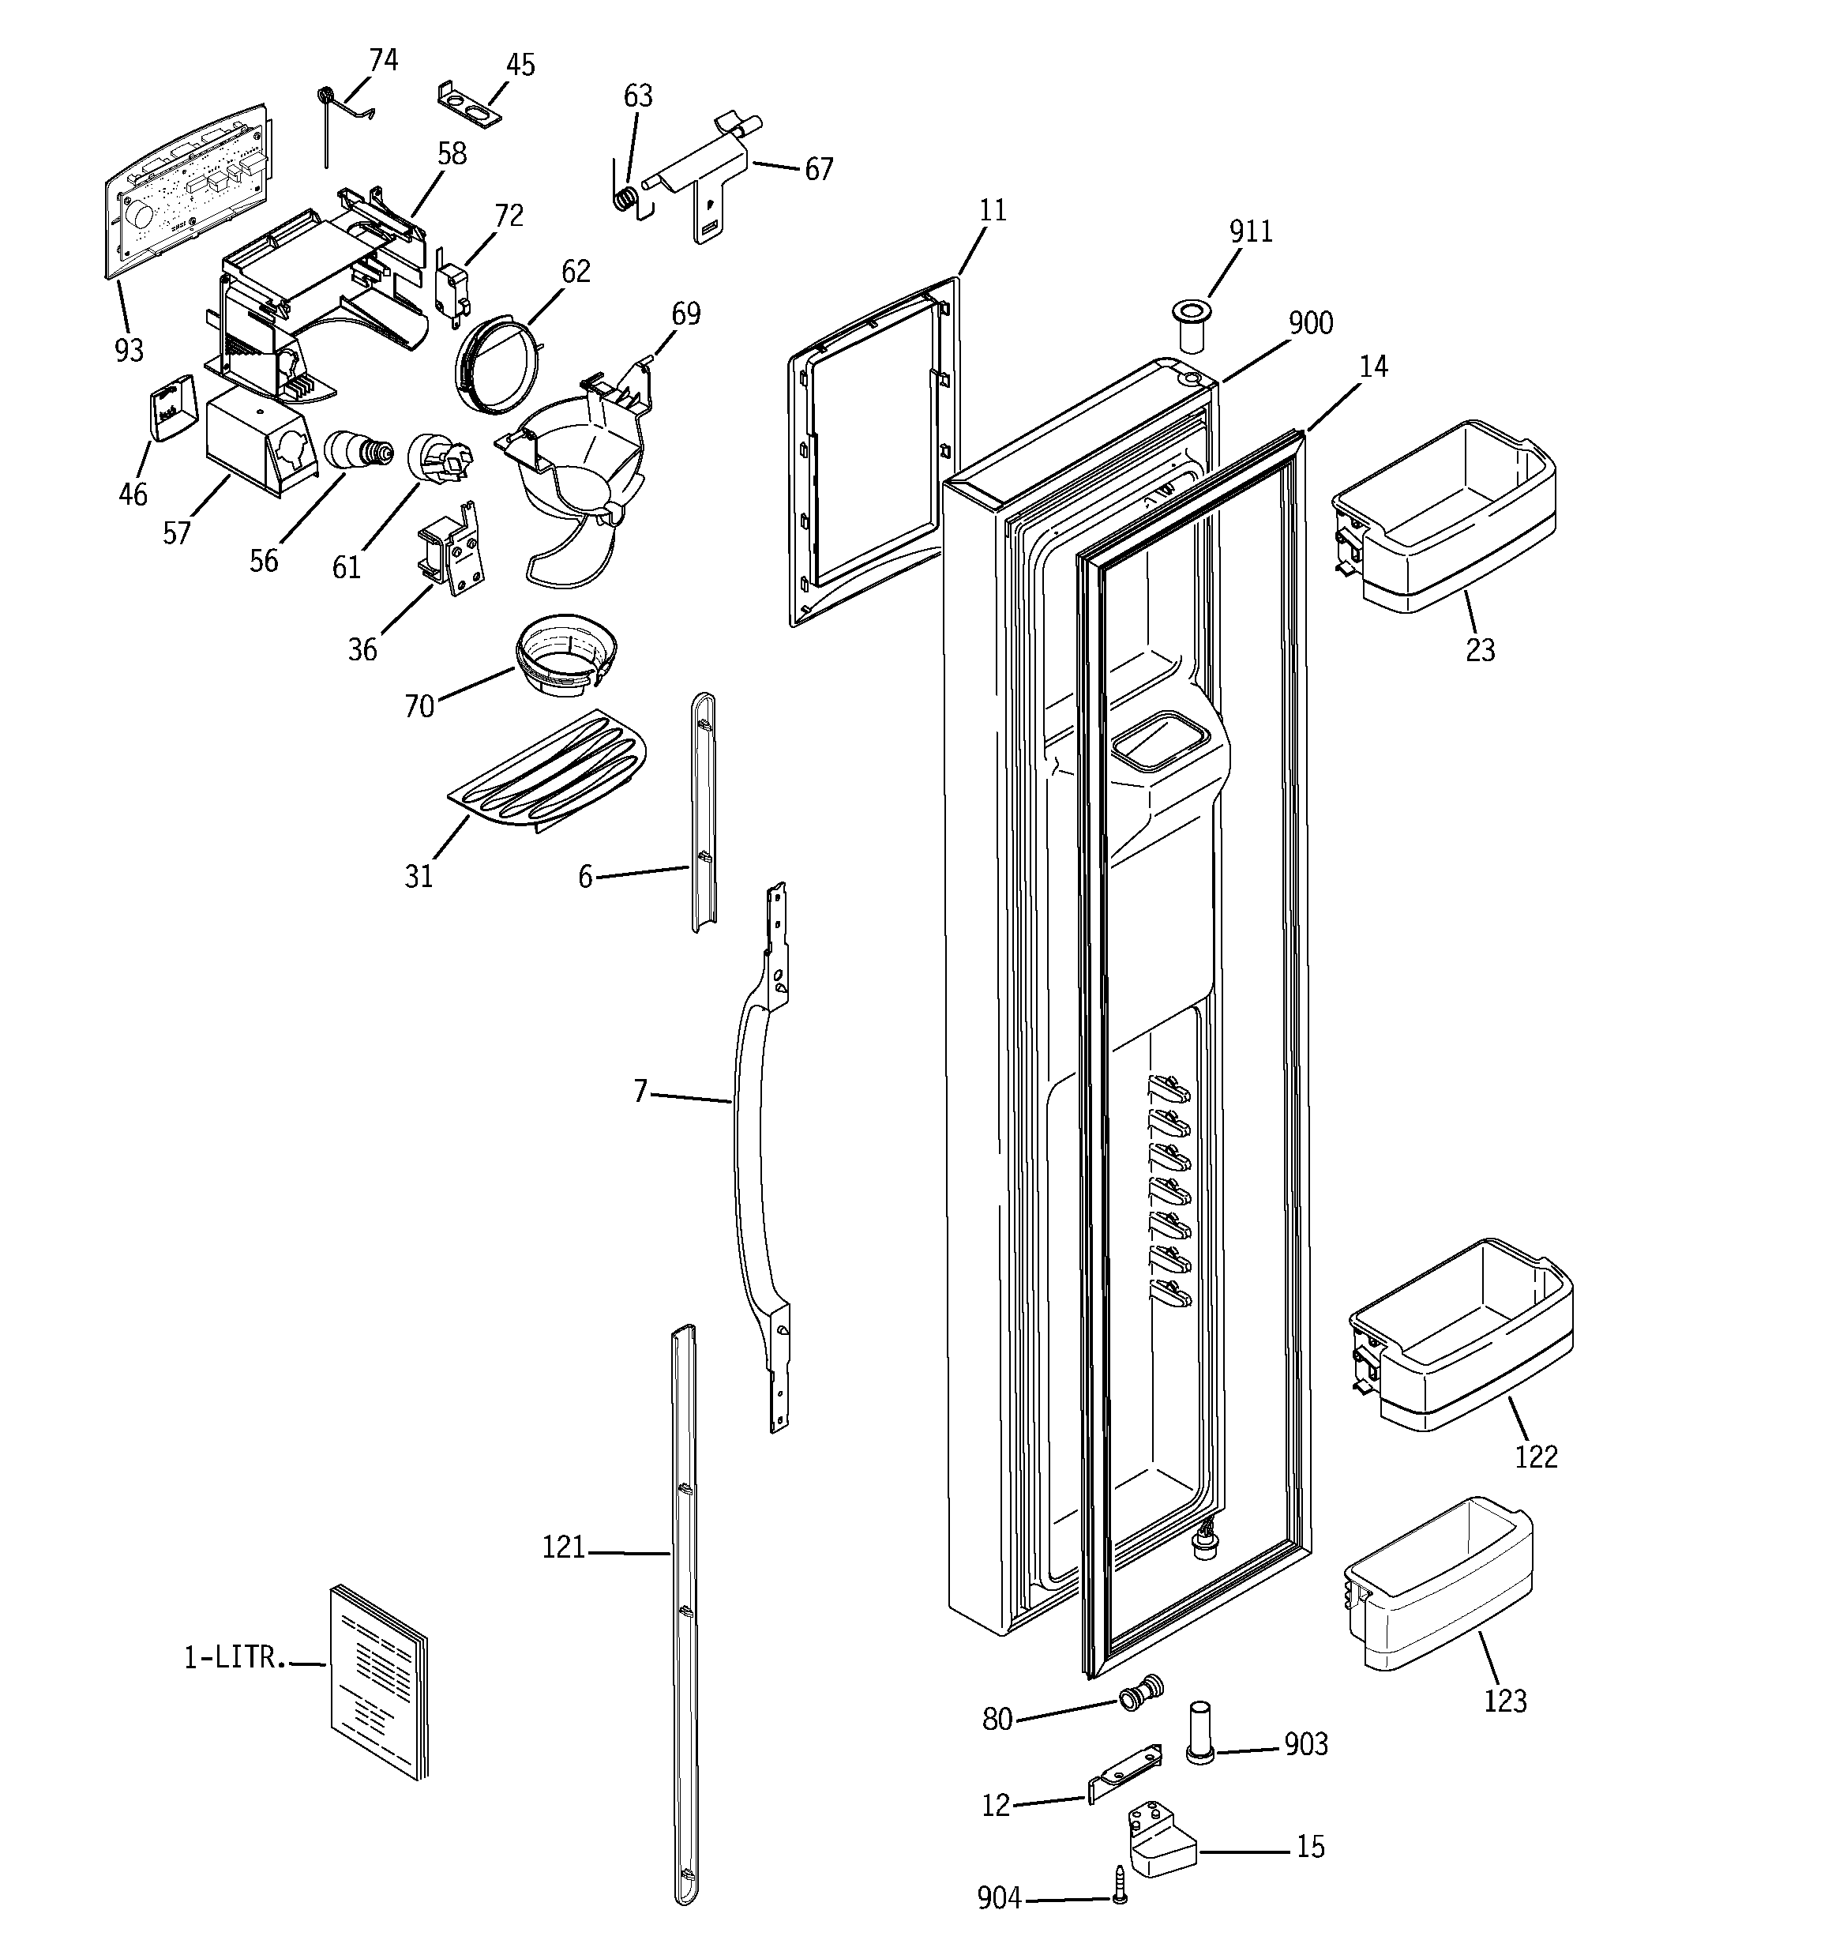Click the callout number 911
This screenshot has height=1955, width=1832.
[1250, 232]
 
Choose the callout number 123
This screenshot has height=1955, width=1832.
[1504, 1701]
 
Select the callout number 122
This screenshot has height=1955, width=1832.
[1535, 1457]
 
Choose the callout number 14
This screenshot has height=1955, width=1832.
[1372, 367]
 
